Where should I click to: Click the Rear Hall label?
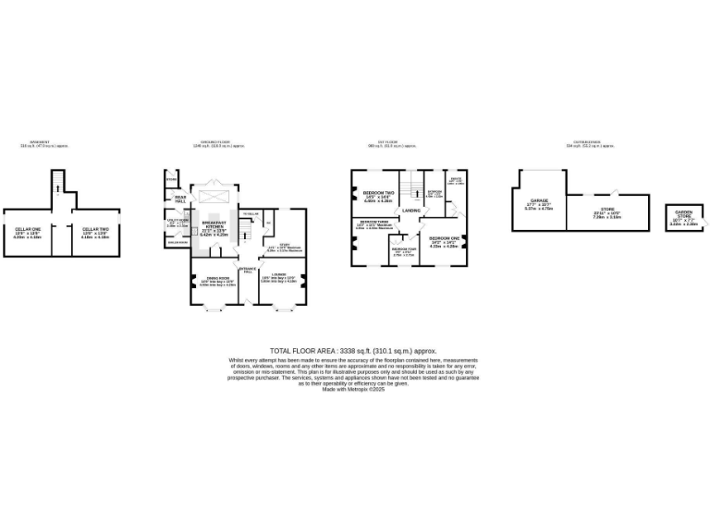tap(180, 199)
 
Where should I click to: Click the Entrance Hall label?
tap(247, 271)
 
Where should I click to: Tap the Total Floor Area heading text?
tap(353, 351)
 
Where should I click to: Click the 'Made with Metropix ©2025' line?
tap(353, 390)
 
